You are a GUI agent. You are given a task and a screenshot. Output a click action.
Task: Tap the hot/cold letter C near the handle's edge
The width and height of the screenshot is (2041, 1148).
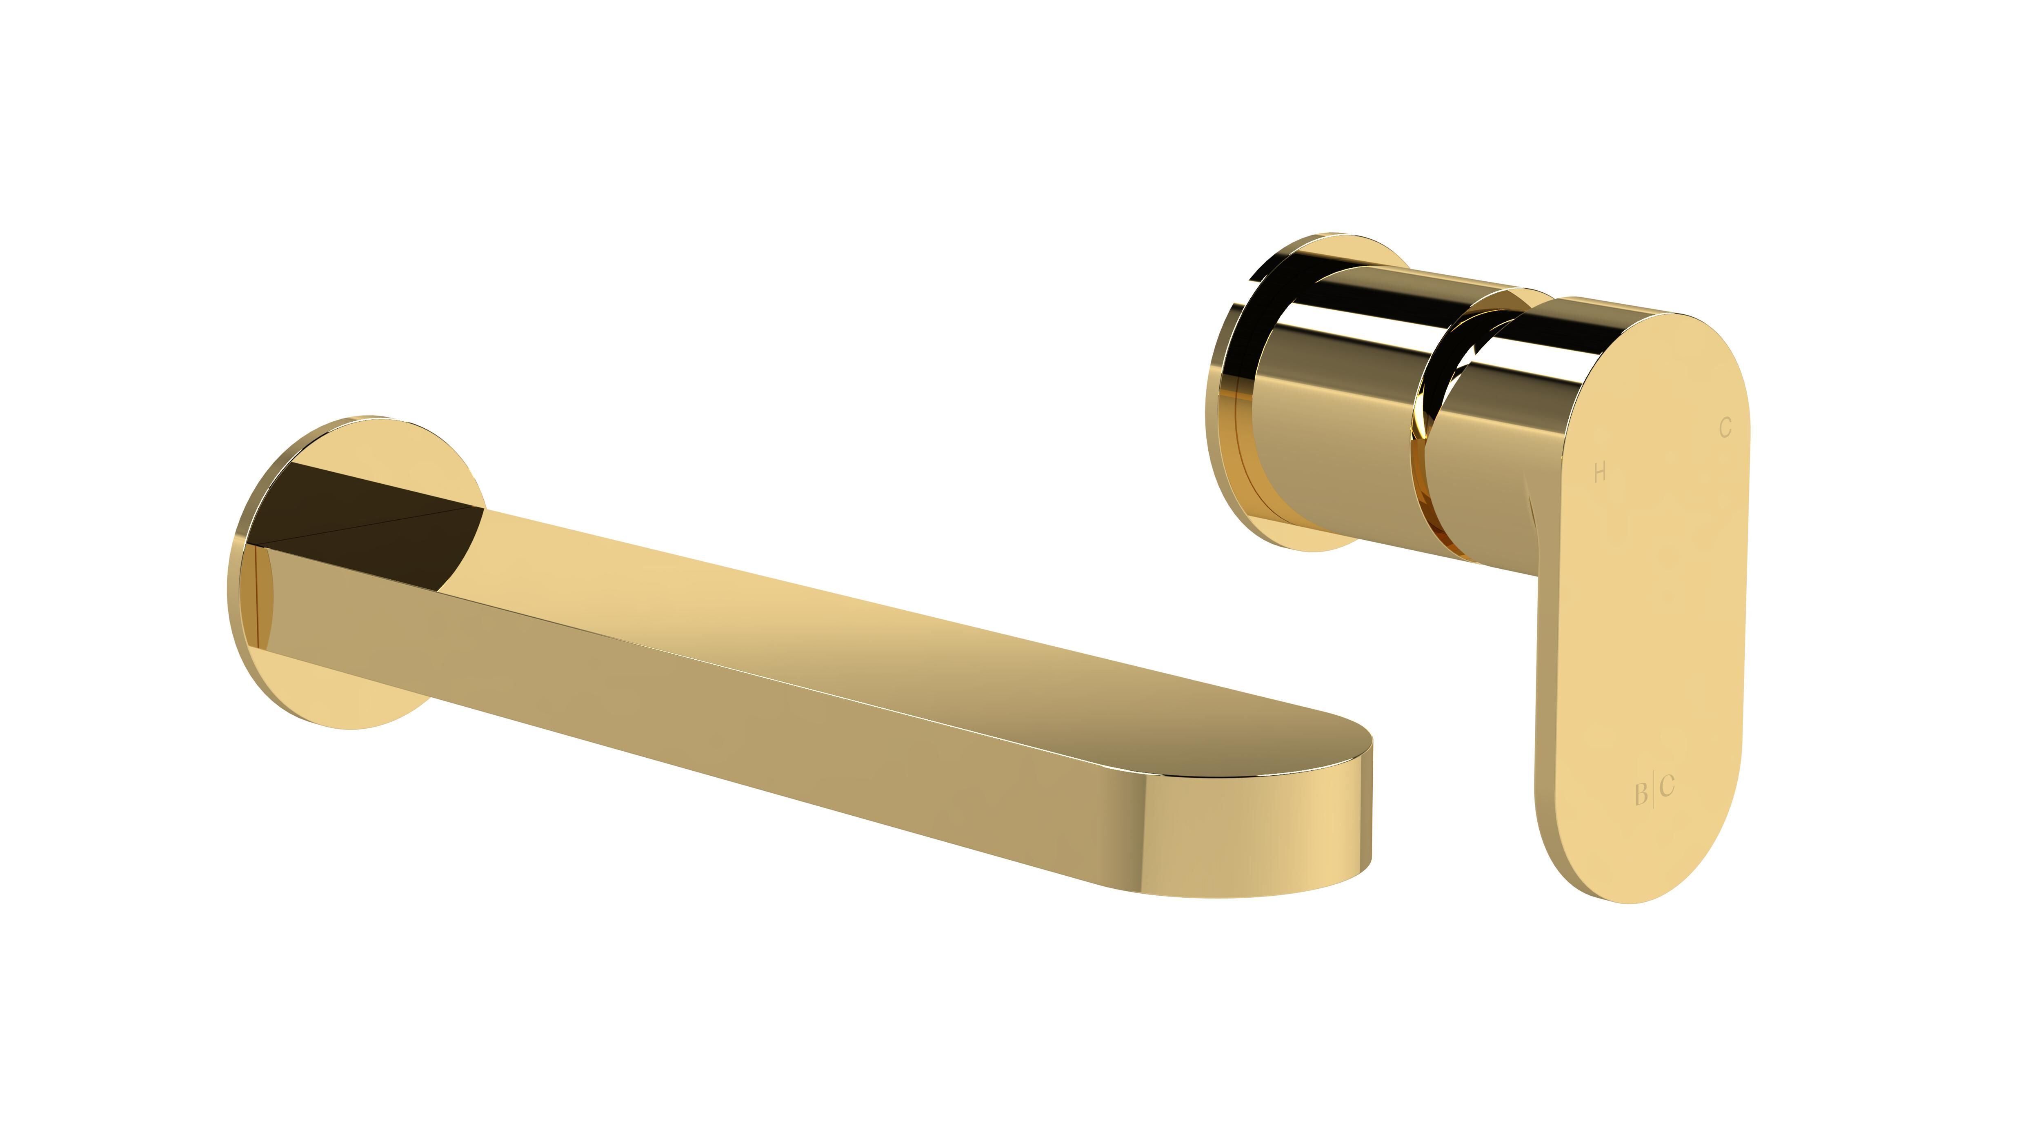click(1725, 428)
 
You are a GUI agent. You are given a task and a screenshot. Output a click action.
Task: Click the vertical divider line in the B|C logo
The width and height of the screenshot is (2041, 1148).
click(1653, 790)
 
